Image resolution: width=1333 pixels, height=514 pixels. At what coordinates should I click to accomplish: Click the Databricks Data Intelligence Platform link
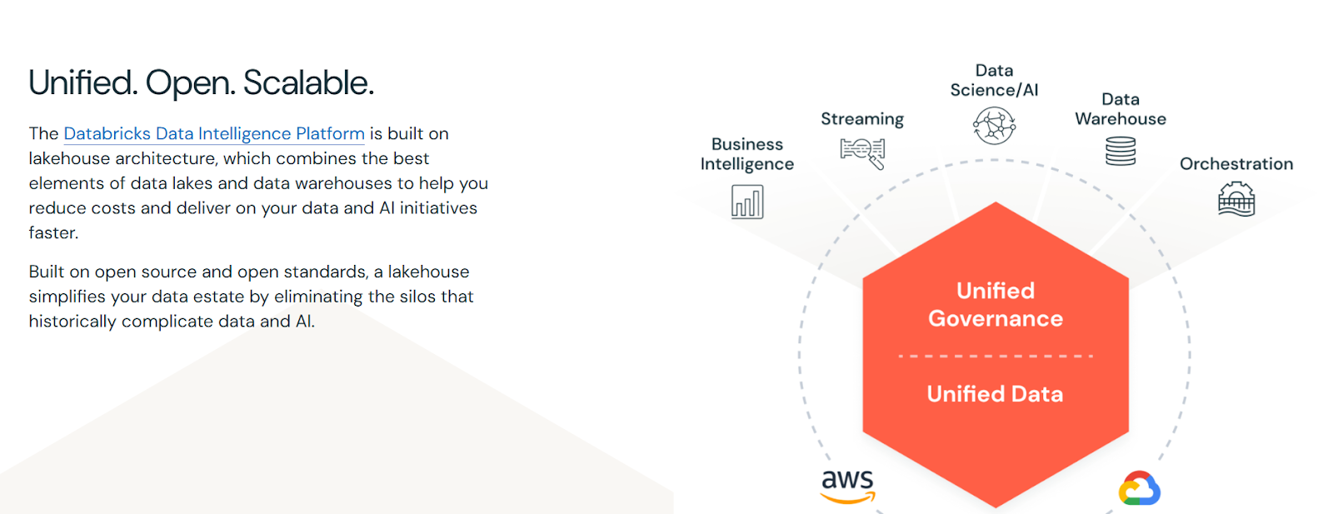[x=214, y=134]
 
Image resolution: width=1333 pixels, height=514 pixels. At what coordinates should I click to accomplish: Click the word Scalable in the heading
[x=308, y=82]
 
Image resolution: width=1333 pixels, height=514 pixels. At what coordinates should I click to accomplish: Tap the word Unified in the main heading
[x=82, y=82]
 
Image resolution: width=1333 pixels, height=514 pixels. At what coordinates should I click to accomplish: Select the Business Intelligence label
[x=746, y=154]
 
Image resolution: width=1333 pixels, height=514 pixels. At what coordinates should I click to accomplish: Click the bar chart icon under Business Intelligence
[x=747, y=202]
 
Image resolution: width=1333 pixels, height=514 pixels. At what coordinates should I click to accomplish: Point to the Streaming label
[x=862, y=119]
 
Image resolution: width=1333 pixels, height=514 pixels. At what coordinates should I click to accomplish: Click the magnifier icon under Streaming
[x=863, y=153]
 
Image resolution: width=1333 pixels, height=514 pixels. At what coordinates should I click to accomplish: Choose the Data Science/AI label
[x=994, y=80]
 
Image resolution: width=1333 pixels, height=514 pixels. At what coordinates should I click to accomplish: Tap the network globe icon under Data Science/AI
[x=995, y=126]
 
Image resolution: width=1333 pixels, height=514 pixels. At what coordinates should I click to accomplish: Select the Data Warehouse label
[x=1120, y=109]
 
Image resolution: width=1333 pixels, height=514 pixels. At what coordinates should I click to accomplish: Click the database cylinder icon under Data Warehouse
[x=1121, y=151]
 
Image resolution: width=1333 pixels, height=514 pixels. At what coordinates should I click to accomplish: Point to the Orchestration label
[x=1236, y=163]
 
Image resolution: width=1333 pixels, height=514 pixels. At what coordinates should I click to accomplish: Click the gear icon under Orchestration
[x=1236, y=199]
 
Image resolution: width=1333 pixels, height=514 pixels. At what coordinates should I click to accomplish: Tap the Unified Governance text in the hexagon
[x=996, y=305]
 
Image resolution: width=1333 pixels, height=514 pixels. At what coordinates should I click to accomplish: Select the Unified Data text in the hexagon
[x=995, y=394]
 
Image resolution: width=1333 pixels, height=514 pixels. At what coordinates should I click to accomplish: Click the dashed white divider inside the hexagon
[x=996, y=356]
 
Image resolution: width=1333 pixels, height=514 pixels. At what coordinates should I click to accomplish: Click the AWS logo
[x=848, y=486]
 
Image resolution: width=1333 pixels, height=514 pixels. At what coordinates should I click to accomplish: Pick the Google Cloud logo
[x=1140, y=488]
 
